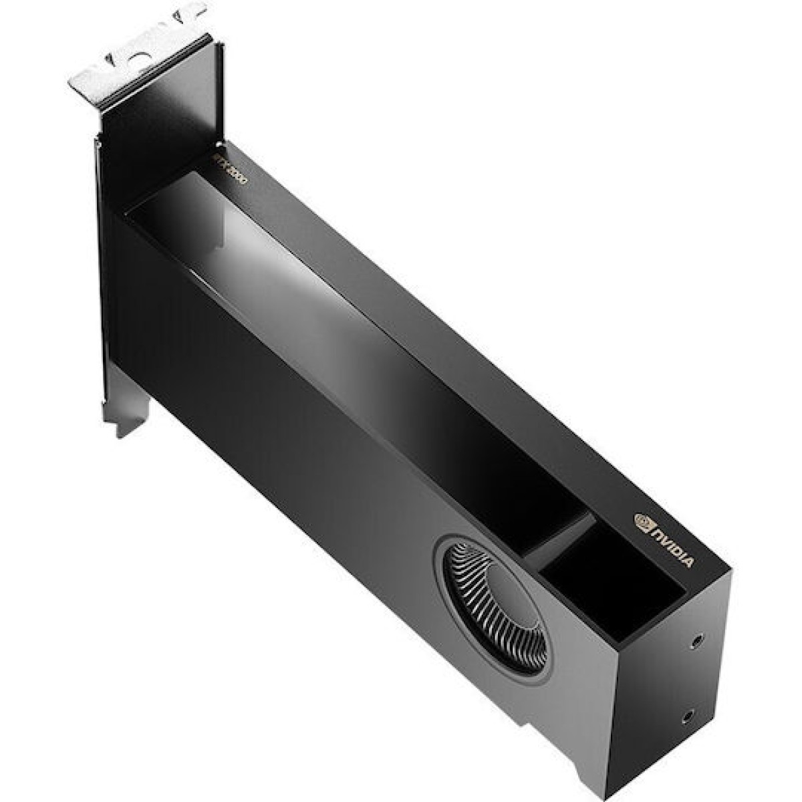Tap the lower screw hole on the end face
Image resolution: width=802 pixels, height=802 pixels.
[687, 718]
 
